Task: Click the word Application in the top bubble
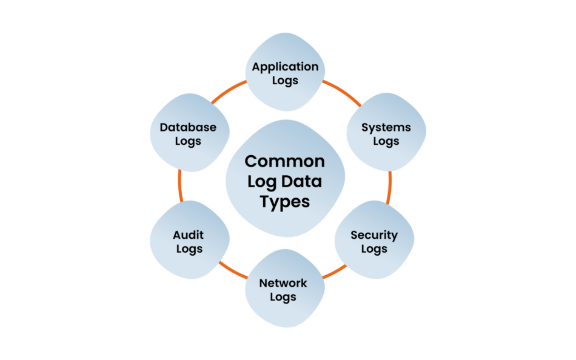pyautogui.click(x=285, y=67)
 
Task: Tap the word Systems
pyautogui.click(x=386, y=128)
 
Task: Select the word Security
pyautogui.click(x=374, y=235)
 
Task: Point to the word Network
pyautogui.click(x=283, y=283)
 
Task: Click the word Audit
pyautogui.click(x=188, y=235)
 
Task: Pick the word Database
pyautogui.click(x=188, y=128)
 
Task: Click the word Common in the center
pyautogui.click(x=285, y=162)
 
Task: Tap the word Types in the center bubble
pyautogui.click(x=285, y=202)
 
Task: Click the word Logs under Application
pyautogui.click(x=285, y=81)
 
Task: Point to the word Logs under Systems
pyautogui.click(x=386, y=142)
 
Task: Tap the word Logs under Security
pyautogui.click(x=374, y=249)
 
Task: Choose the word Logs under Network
pyautogui.click(x=283, y=297)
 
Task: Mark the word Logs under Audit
pyautogui.click(x=189, y=249)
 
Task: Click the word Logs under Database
pyautogui.click(x=188, y=142)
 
